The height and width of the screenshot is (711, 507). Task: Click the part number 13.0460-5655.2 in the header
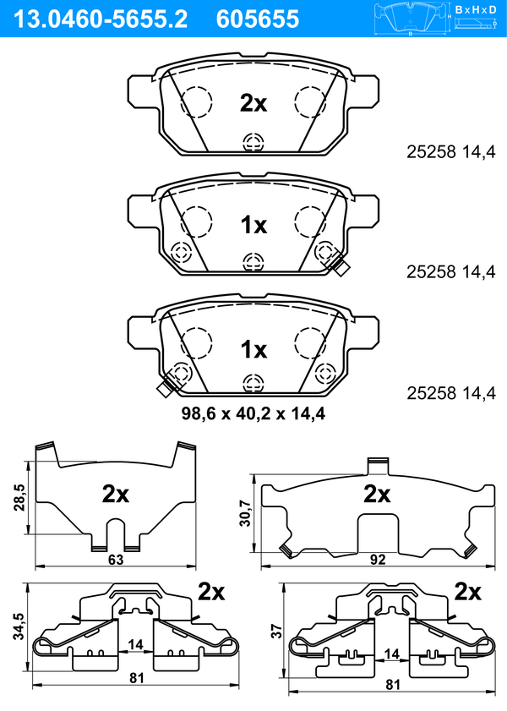click(101, 19)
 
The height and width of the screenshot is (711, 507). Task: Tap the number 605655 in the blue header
click(258, 19)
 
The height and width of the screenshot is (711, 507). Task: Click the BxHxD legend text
click(476, 9)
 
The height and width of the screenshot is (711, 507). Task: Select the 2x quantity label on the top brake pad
click(253, 103)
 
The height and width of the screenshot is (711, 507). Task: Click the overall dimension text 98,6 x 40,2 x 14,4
click(253, 413)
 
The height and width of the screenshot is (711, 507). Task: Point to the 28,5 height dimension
click(19, 497)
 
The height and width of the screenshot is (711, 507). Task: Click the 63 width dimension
click(116, 560)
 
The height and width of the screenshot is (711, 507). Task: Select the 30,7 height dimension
click(245, 513)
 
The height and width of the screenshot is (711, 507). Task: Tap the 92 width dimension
click(378, 560)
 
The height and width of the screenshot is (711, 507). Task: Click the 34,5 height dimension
click(19, 626)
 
